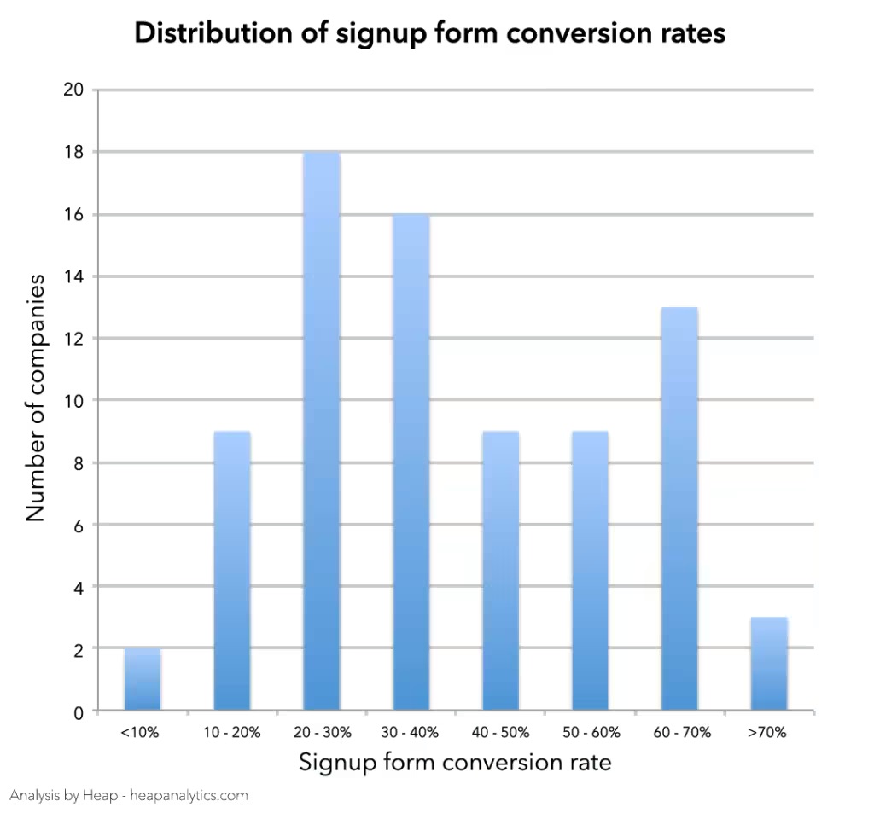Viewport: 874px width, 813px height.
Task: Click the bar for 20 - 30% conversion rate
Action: click(322, 431)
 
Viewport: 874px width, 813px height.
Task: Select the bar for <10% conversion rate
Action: click(143, 679)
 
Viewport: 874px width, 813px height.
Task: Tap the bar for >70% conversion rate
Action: click(769, 664)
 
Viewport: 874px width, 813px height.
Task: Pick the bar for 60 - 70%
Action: click(679, 508)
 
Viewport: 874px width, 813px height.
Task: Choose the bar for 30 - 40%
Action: click(411, 462)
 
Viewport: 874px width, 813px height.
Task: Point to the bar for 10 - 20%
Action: click(232, 571)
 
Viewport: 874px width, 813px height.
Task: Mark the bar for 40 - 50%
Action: click(500, 571)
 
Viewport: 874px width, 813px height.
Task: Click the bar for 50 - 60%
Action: click(591, 571)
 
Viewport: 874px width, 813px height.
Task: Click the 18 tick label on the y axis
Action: click(73, 152)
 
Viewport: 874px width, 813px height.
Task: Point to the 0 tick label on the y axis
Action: click(79, 712)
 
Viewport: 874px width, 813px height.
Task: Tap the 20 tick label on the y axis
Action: click(73, 90)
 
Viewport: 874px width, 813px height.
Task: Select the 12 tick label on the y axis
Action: click(73, 339)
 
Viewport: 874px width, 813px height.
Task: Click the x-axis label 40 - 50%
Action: click(500, 732)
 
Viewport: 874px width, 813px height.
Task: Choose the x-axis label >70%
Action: click(767, 732)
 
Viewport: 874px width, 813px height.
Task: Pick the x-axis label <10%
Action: click(140, 732)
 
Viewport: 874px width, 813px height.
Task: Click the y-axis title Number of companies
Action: click(34, 398)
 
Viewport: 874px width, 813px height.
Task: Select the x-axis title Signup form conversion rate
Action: click(455, 763)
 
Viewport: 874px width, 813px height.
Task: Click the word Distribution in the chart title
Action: click(213, 32)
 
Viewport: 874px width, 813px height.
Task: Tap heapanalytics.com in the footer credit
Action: click(189, 795)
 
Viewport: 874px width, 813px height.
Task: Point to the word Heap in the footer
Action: click(100, 795)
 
